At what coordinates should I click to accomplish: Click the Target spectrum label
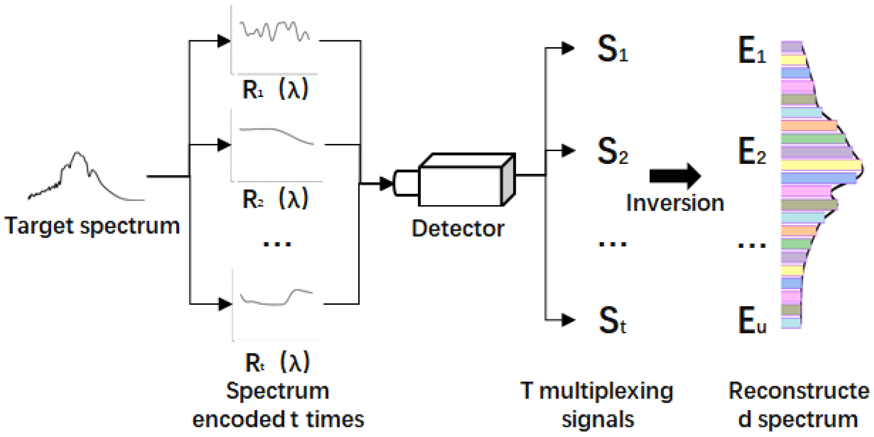click(92, 226)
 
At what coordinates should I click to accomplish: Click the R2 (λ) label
click(275, 199)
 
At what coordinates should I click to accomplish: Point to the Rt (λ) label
click(277, 363)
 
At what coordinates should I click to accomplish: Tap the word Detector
click(458, 229)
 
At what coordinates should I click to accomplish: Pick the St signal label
click(612, 321)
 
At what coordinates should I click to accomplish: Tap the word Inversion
click(675, 203)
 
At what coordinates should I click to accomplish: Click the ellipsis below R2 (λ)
click(277, 244)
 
